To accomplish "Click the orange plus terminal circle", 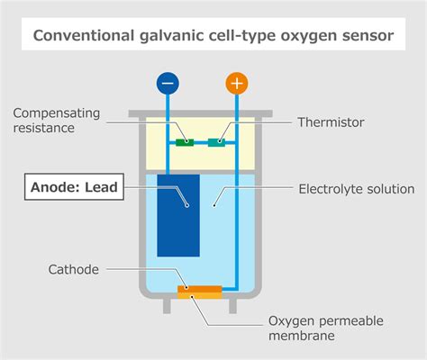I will (237, 85).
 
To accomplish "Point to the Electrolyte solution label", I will (356, 189).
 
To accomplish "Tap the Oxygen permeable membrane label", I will (324, 328).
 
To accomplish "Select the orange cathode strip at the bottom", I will (199, 290).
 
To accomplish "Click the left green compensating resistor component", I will (186, 141).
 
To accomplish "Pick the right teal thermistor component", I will (217, 141).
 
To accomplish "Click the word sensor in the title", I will (369, 36).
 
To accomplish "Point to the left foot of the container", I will (168, 305).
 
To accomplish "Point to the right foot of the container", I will (237, 305).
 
